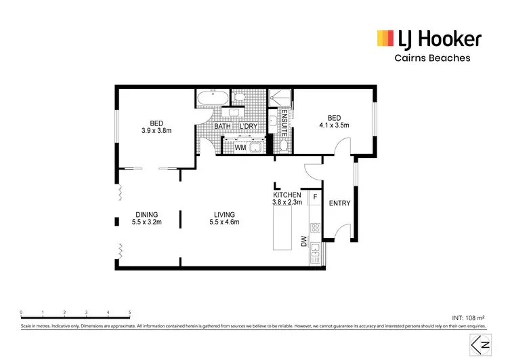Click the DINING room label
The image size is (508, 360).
point(146,214)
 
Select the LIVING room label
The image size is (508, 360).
point(224,214)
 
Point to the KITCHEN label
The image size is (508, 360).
point(287,195)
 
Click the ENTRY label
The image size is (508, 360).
point(338,203)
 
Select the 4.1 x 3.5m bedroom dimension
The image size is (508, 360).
point(333,125)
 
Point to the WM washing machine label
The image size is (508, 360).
point(240,146)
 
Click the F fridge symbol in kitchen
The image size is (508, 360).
point(314,198)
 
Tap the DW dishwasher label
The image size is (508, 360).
point(305,242)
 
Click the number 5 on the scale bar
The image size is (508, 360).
point(129,313)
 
